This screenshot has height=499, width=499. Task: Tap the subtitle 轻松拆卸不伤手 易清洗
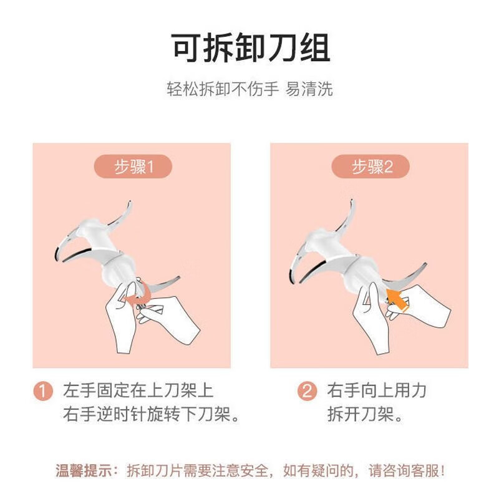249,89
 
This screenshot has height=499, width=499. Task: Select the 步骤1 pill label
133,167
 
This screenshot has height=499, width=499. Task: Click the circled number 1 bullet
42,392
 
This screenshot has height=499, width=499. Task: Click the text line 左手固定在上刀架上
138,391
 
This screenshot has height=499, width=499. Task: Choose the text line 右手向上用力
377,391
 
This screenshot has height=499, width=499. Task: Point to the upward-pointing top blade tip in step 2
353,203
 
